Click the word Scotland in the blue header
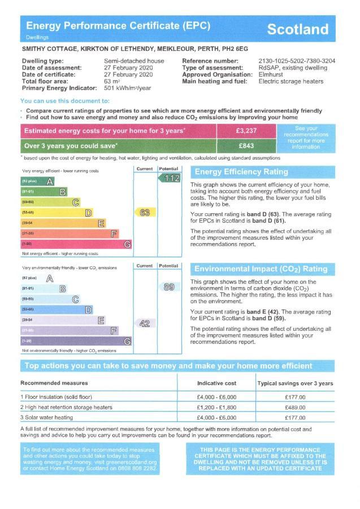pyautogui.click(x=297, y=29)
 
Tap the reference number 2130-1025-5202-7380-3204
pyautogui.click(x=297, y=61)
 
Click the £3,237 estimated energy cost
pyautogui.click(x=246, y=131)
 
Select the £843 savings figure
pyautogui.click(x=246, y=146)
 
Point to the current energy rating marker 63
pyautogui.click(x=145, y=213)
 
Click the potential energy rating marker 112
pyautogui.click(x=170, y=178)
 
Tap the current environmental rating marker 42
pyautogui.click(x=145, y=323)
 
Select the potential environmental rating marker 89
pyautogui.click(x=169, y=287)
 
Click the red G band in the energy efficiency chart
pyautogui.click(x=76, y=244)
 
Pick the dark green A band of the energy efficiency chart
pyautogui.click(x=37, y=181)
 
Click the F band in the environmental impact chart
pyautogui.click(x=69, y=330)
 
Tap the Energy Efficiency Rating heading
pyautogui.click(x=241, y=172)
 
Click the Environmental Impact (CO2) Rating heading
pyautogui.click(x=261, y=269)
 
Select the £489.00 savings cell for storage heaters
pyautogui.click(x=295, y=407)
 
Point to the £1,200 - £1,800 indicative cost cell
pyautogui.click(x=216, y=407)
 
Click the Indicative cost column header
pyautogui.click(x=216, y=383)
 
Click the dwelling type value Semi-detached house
pyautogui.click(x=134, y=61)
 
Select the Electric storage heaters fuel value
pyautogui.click(x=290, y=81)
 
